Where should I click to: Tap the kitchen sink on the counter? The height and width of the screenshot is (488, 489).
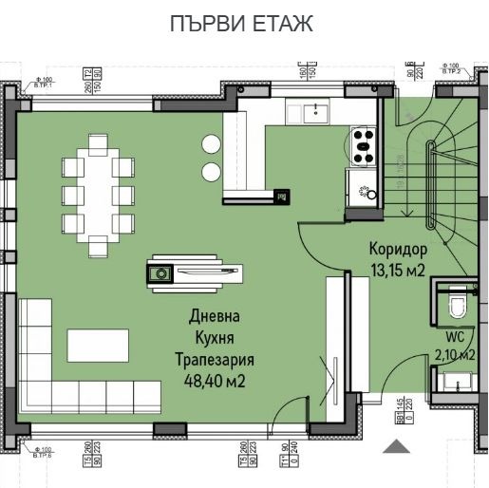point(314,113)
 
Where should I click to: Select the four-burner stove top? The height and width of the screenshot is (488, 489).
point(363,146)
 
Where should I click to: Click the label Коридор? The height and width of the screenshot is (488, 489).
point(398,250)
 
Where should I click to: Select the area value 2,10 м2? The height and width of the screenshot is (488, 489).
point(454,354)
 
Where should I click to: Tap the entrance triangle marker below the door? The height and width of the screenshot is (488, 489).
point(394,444)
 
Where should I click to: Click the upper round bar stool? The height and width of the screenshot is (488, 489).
point(209,144)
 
